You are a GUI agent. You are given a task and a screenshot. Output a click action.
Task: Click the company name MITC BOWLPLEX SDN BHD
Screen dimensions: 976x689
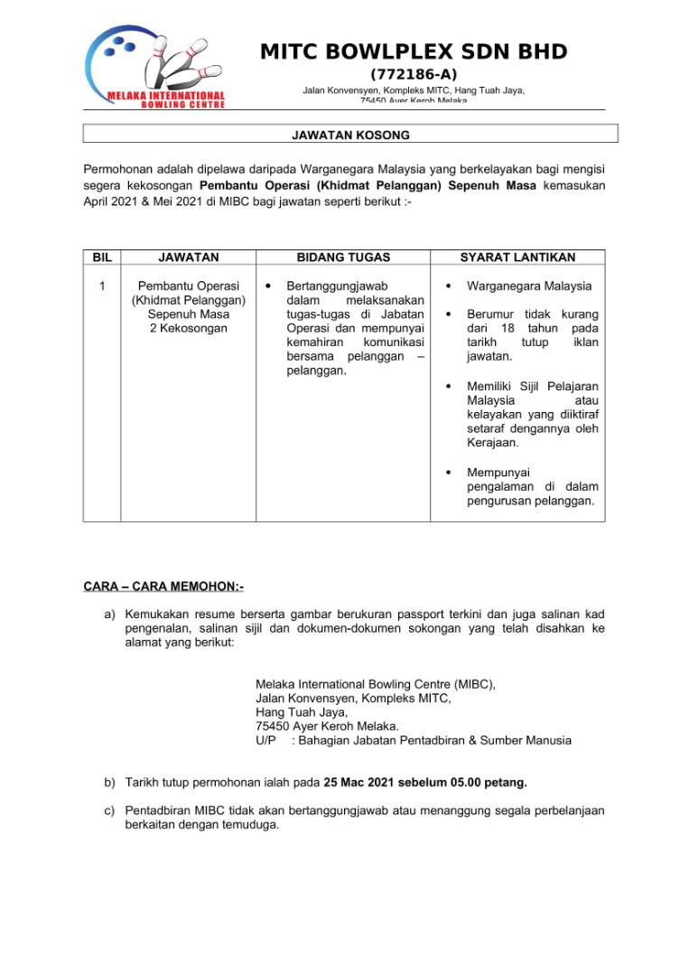414,52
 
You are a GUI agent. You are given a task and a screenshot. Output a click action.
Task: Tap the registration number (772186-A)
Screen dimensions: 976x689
414,74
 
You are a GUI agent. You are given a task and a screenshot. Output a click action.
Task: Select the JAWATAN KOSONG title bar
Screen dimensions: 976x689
350,135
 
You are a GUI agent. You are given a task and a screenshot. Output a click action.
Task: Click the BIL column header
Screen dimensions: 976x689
102,258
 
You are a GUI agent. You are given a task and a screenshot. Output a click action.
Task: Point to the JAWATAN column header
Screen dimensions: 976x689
188,258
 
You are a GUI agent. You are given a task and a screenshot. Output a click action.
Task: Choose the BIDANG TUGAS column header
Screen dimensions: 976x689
343,258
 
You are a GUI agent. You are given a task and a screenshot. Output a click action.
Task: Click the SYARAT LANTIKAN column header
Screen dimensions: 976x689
517,258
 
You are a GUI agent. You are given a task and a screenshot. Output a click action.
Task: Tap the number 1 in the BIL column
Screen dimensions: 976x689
102,286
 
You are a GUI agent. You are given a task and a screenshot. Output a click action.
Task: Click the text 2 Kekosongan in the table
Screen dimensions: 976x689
189,328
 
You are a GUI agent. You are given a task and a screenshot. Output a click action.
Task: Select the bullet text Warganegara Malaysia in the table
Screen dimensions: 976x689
529,286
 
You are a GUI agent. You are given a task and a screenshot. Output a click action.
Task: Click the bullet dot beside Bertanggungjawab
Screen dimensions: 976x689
268,286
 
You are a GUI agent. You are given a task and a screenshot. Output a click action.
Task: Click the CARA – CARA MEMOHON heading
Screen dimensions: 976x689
163,587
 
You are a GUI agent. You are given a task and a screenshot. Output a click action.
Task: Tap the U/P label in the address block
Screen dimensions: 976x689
265,740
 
